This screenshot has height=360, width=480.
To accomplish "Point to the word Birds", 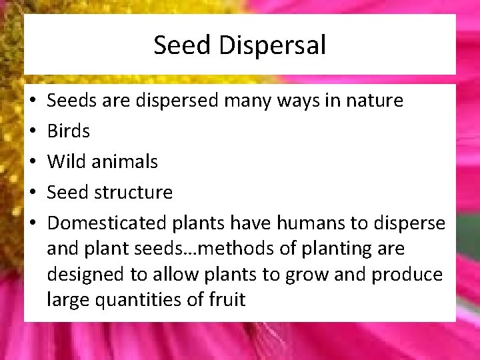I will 68,131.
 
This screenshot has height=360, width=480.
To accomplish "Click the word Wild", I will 66,161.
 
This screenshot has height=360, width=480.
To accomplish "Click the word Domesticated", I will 107,223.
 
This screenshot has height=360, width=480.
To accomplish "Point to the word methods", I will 232,249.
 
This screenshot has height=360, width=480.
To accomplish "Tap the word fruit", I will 228,300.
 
